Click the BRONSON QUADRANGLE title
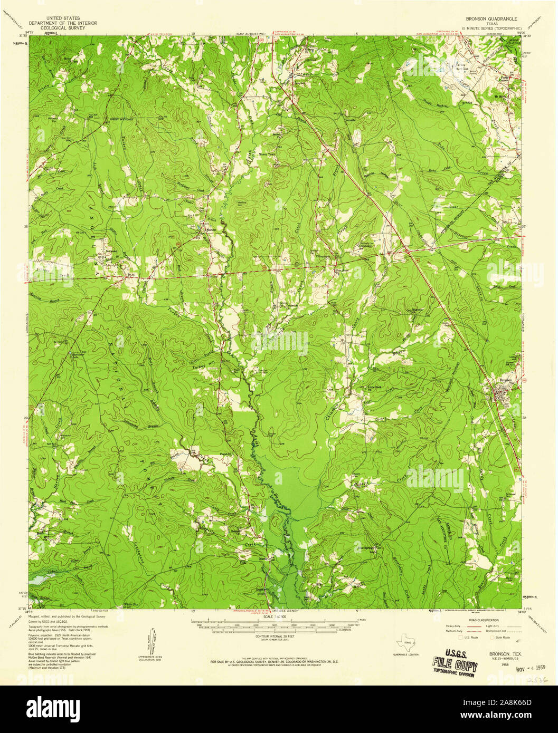(491, 18)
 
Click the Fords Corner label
(507, 75)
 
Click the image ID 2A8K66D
(505, 704)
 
